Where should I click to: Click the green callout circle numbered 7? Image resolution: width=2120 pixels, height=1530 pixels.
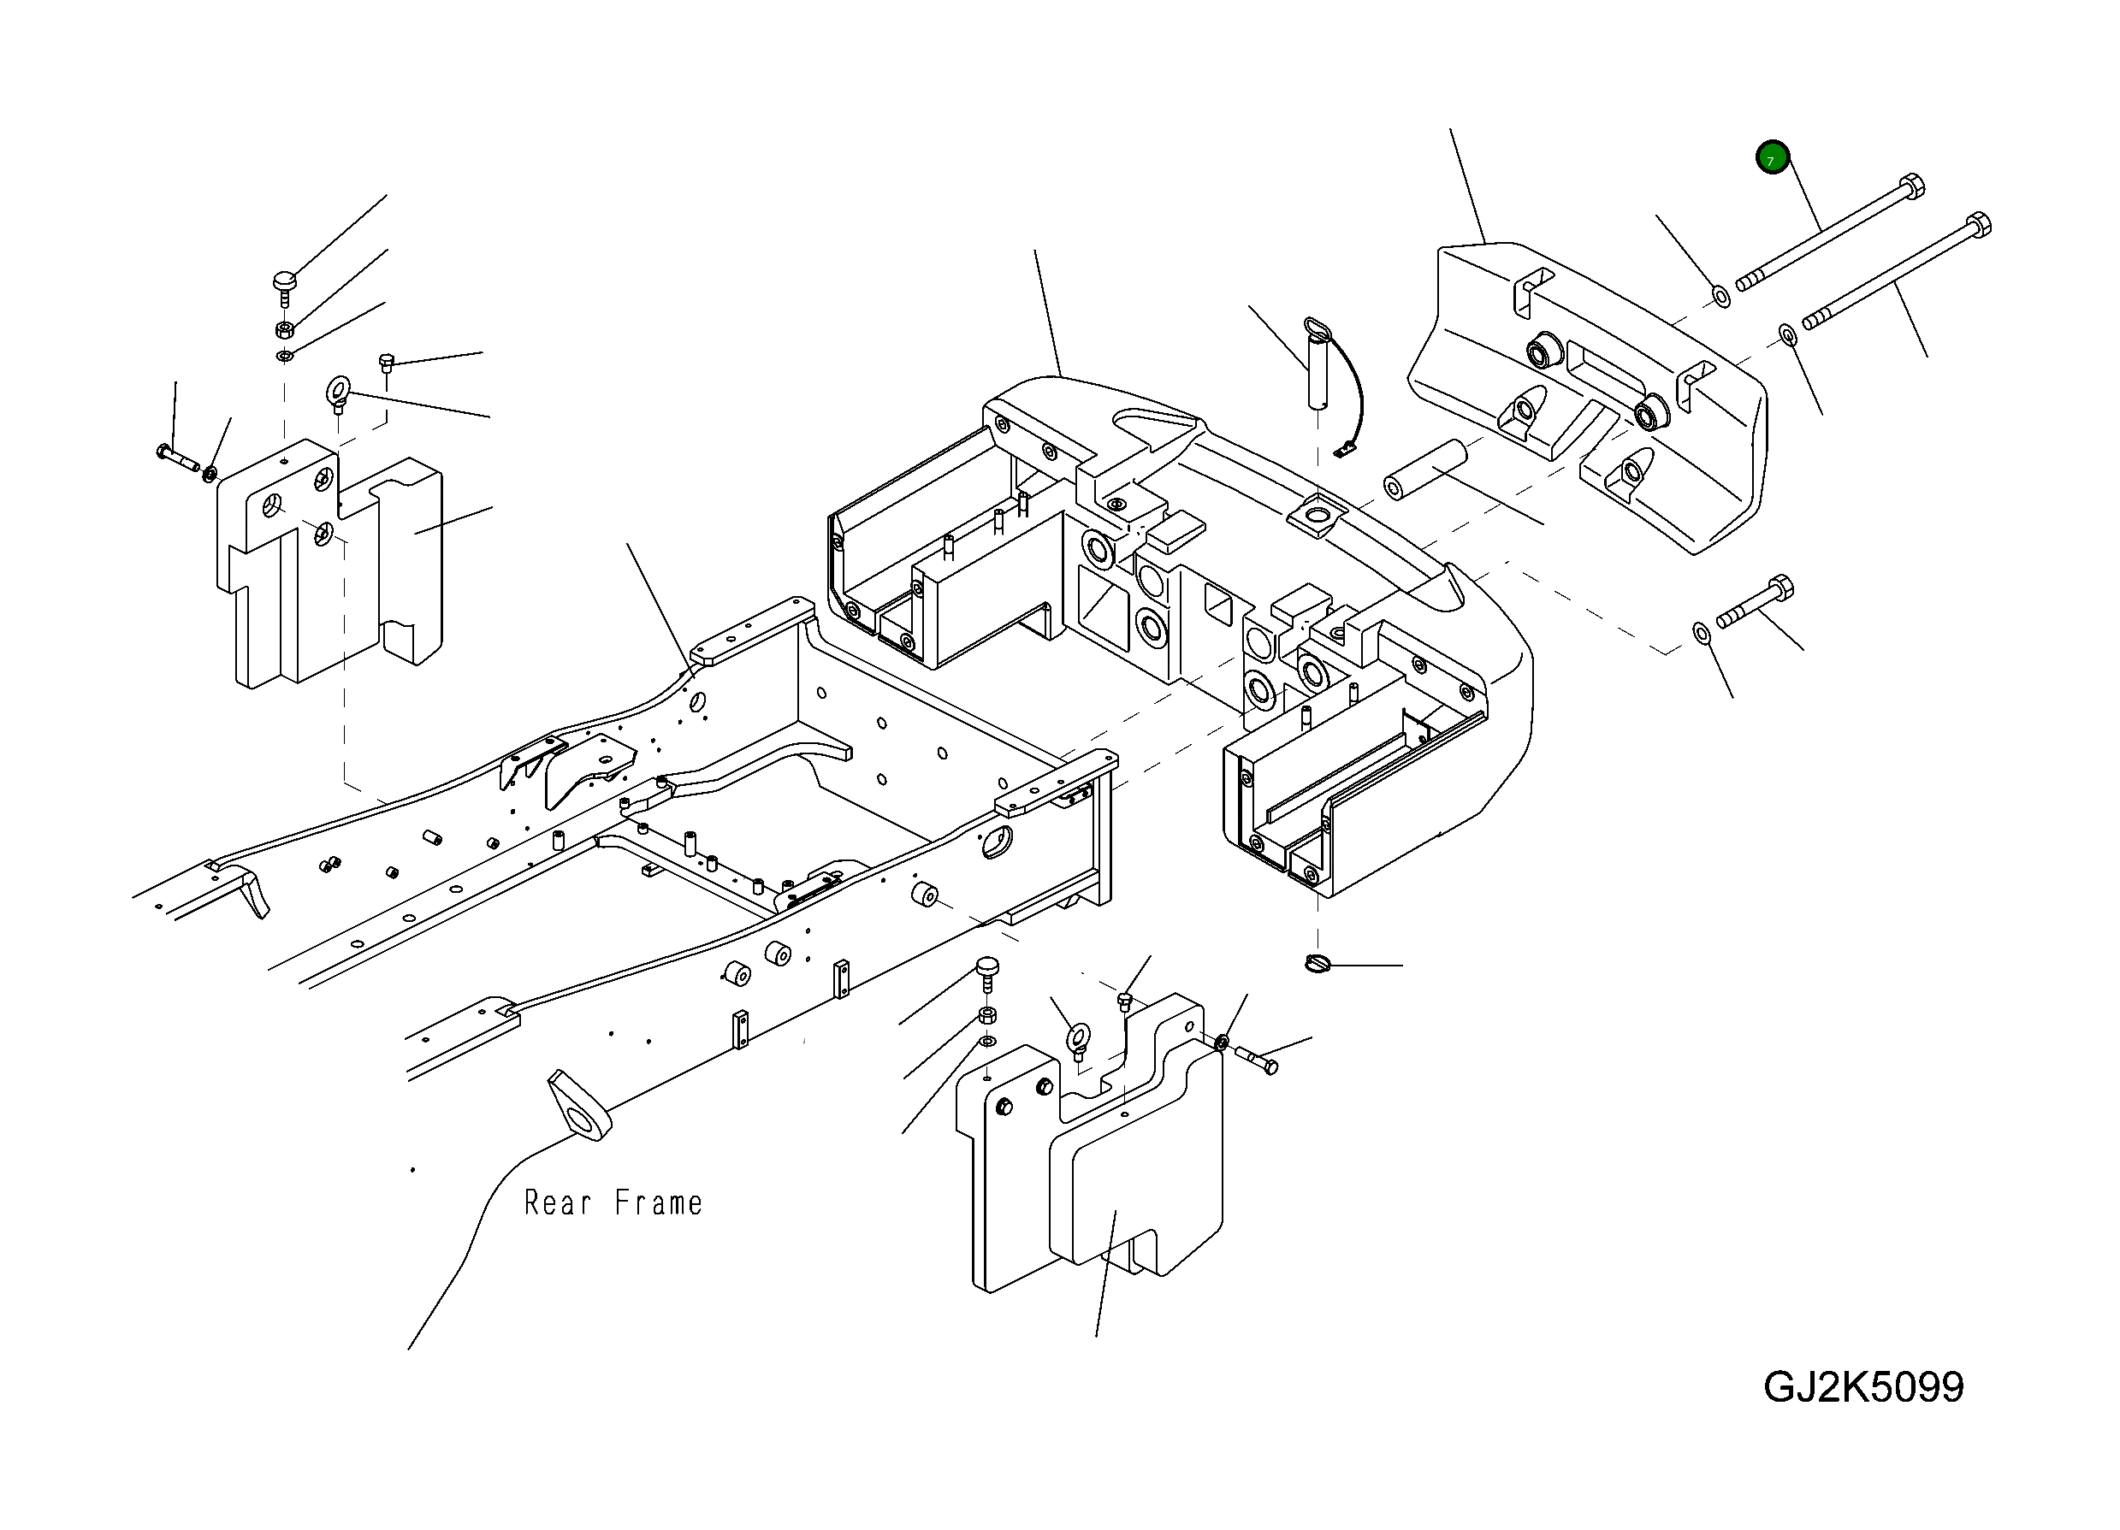1771,158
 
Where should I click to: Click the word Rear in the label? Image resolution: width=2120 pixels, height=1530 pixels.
557,1203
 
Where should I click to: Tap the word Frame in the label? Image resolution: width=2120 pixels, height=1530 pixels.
658,1203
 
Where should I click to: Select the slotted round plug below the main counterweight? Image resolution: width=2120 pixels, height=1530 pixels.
1317,963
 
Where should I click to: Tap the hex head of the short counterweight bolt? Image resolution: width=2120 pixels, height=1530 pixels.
1779,588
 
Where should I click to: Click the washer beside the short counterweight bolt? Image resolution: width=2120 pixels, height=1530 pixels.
1703,634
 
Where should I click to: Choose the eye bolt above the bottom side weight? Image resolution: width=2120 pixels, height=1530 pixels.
1079,1037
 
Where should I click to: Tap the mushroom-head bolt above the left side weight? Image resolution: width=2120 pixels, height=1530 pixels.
284,281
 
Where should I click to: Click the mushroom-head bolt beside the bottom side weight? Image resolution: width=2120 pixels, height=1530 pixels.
987,967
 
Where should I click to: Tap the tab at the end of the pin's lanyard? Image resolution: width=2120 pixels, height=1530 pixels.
1344,452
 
